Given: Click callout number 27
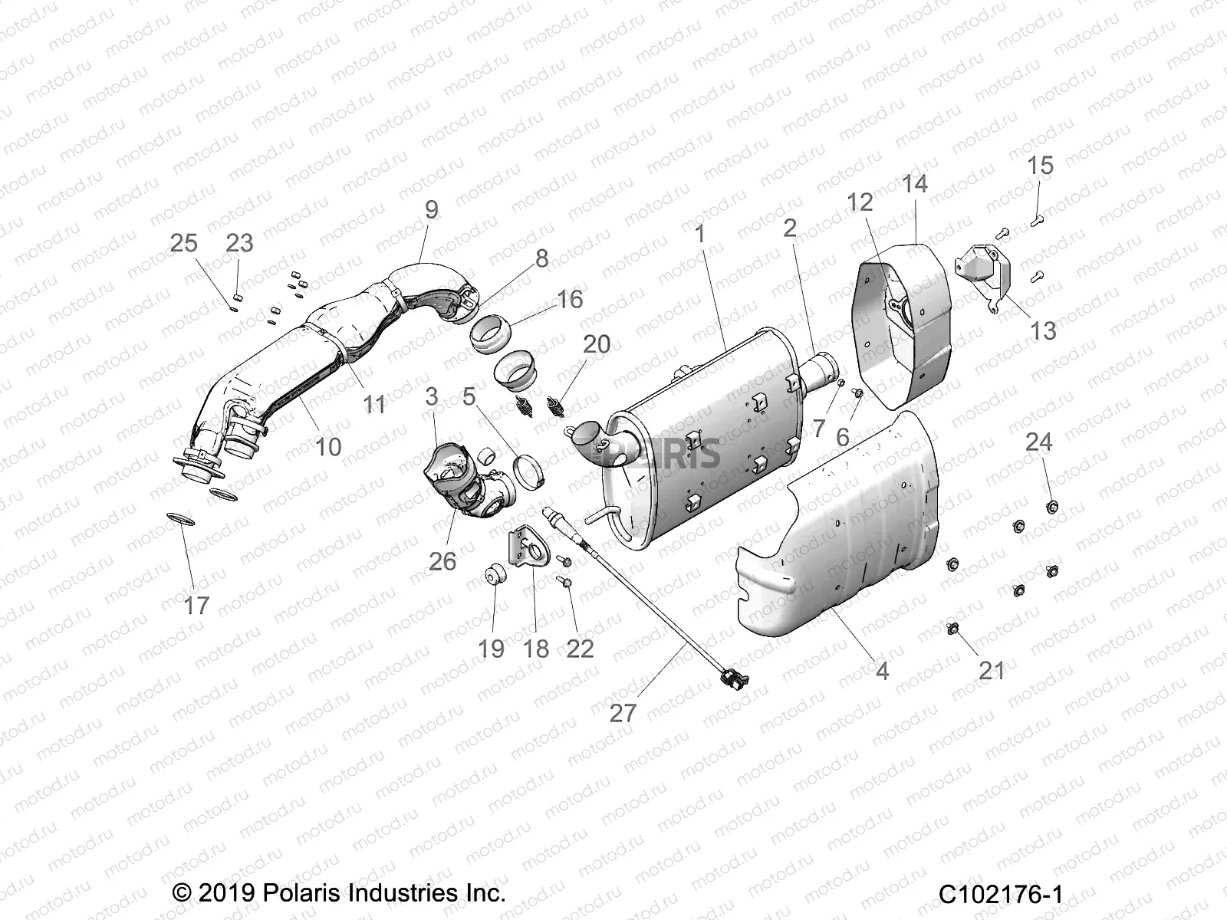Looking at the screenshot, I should (x=622, y=713).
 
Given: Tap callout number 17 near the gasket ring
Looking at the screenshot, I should (x=196, y=606).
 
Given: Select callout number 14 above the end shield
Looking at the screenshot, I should (x=915, y=184).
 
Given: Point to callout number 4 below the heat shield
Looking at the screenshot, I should (x=882, y=671).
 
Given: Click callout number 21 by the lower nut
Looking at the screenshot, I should (x=992, y=671).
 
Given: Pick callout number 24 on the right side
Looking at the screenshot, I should (x=1039, y=442).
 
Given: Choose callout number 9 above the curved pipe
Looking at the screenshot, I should (x=431, y=209).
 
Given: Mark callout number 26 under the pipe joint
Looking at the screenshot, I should (x=442, y=562).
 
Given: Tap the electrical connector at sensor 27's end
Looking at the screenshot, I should (x=732, y=678).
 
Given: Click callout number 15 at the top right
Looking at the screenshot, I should (x=1040, y=166).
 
